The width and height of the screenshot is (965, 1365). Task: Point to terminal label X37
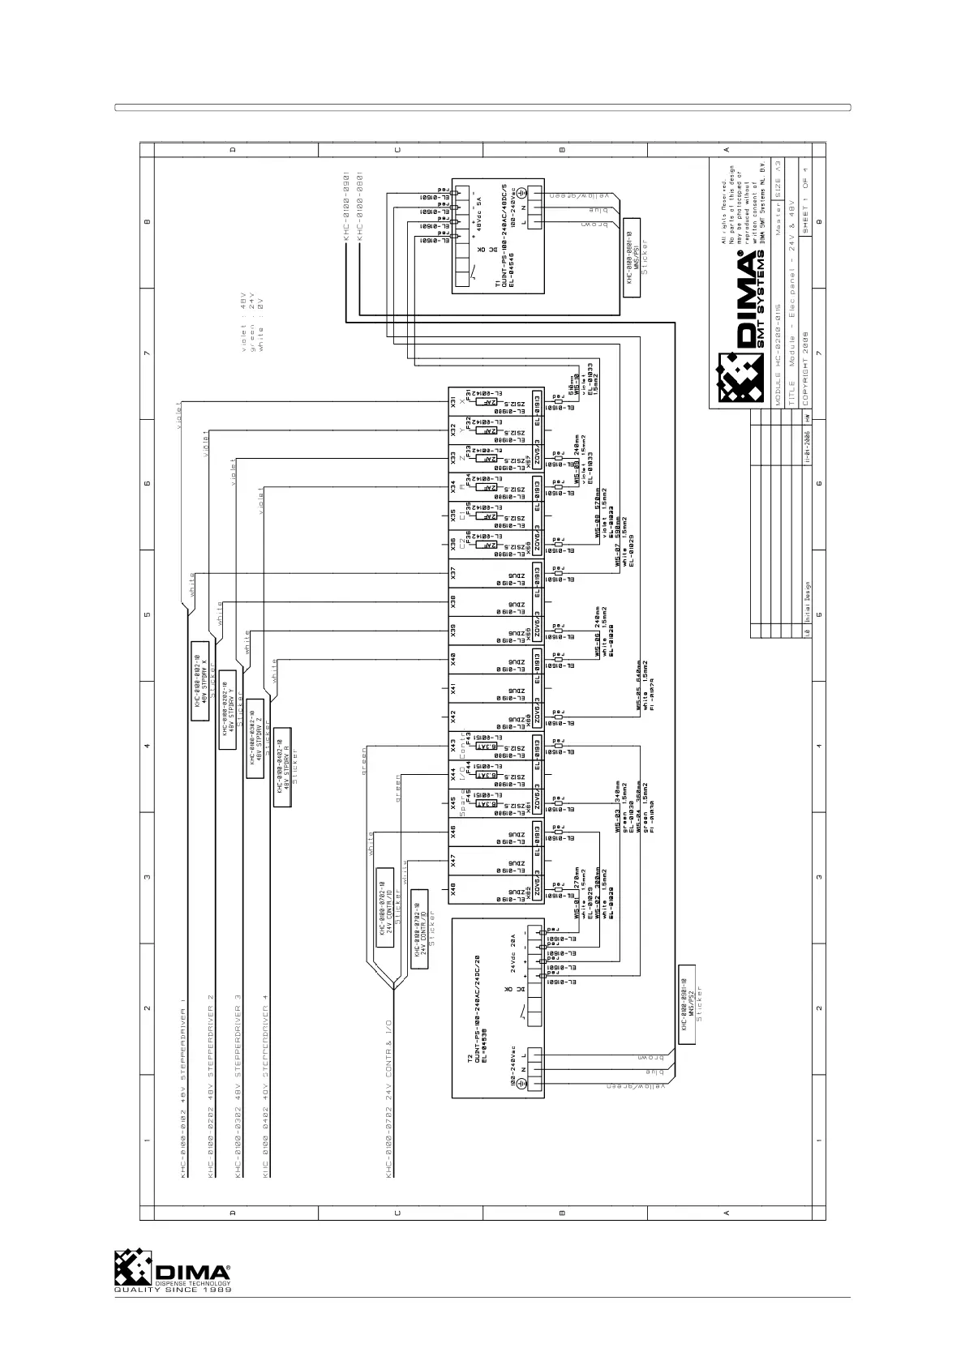click(x=454, y=572)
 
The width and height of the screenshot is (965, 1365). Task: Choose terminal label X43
click(x=454, y=745)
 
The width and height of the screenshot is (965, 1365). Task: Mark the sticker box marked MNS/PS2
click(x=687, y=1006)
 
